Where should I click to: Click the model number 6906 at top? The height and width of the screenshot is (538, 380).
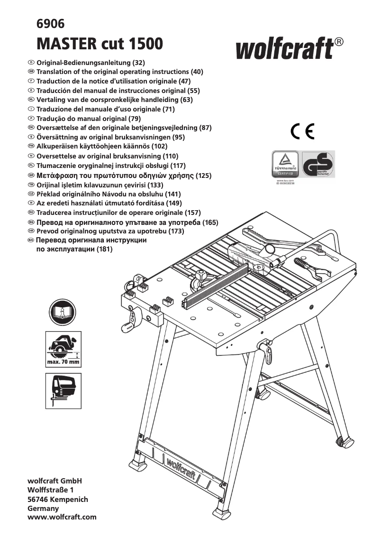point(50,24)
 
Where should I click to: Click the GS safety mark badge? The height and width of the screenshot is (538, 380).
point(318,164)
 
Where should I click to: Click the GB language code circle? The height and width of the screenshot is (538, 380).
point(31,72)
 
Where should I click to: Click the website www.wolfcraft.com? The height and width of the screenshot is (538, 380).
point(62,517)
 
